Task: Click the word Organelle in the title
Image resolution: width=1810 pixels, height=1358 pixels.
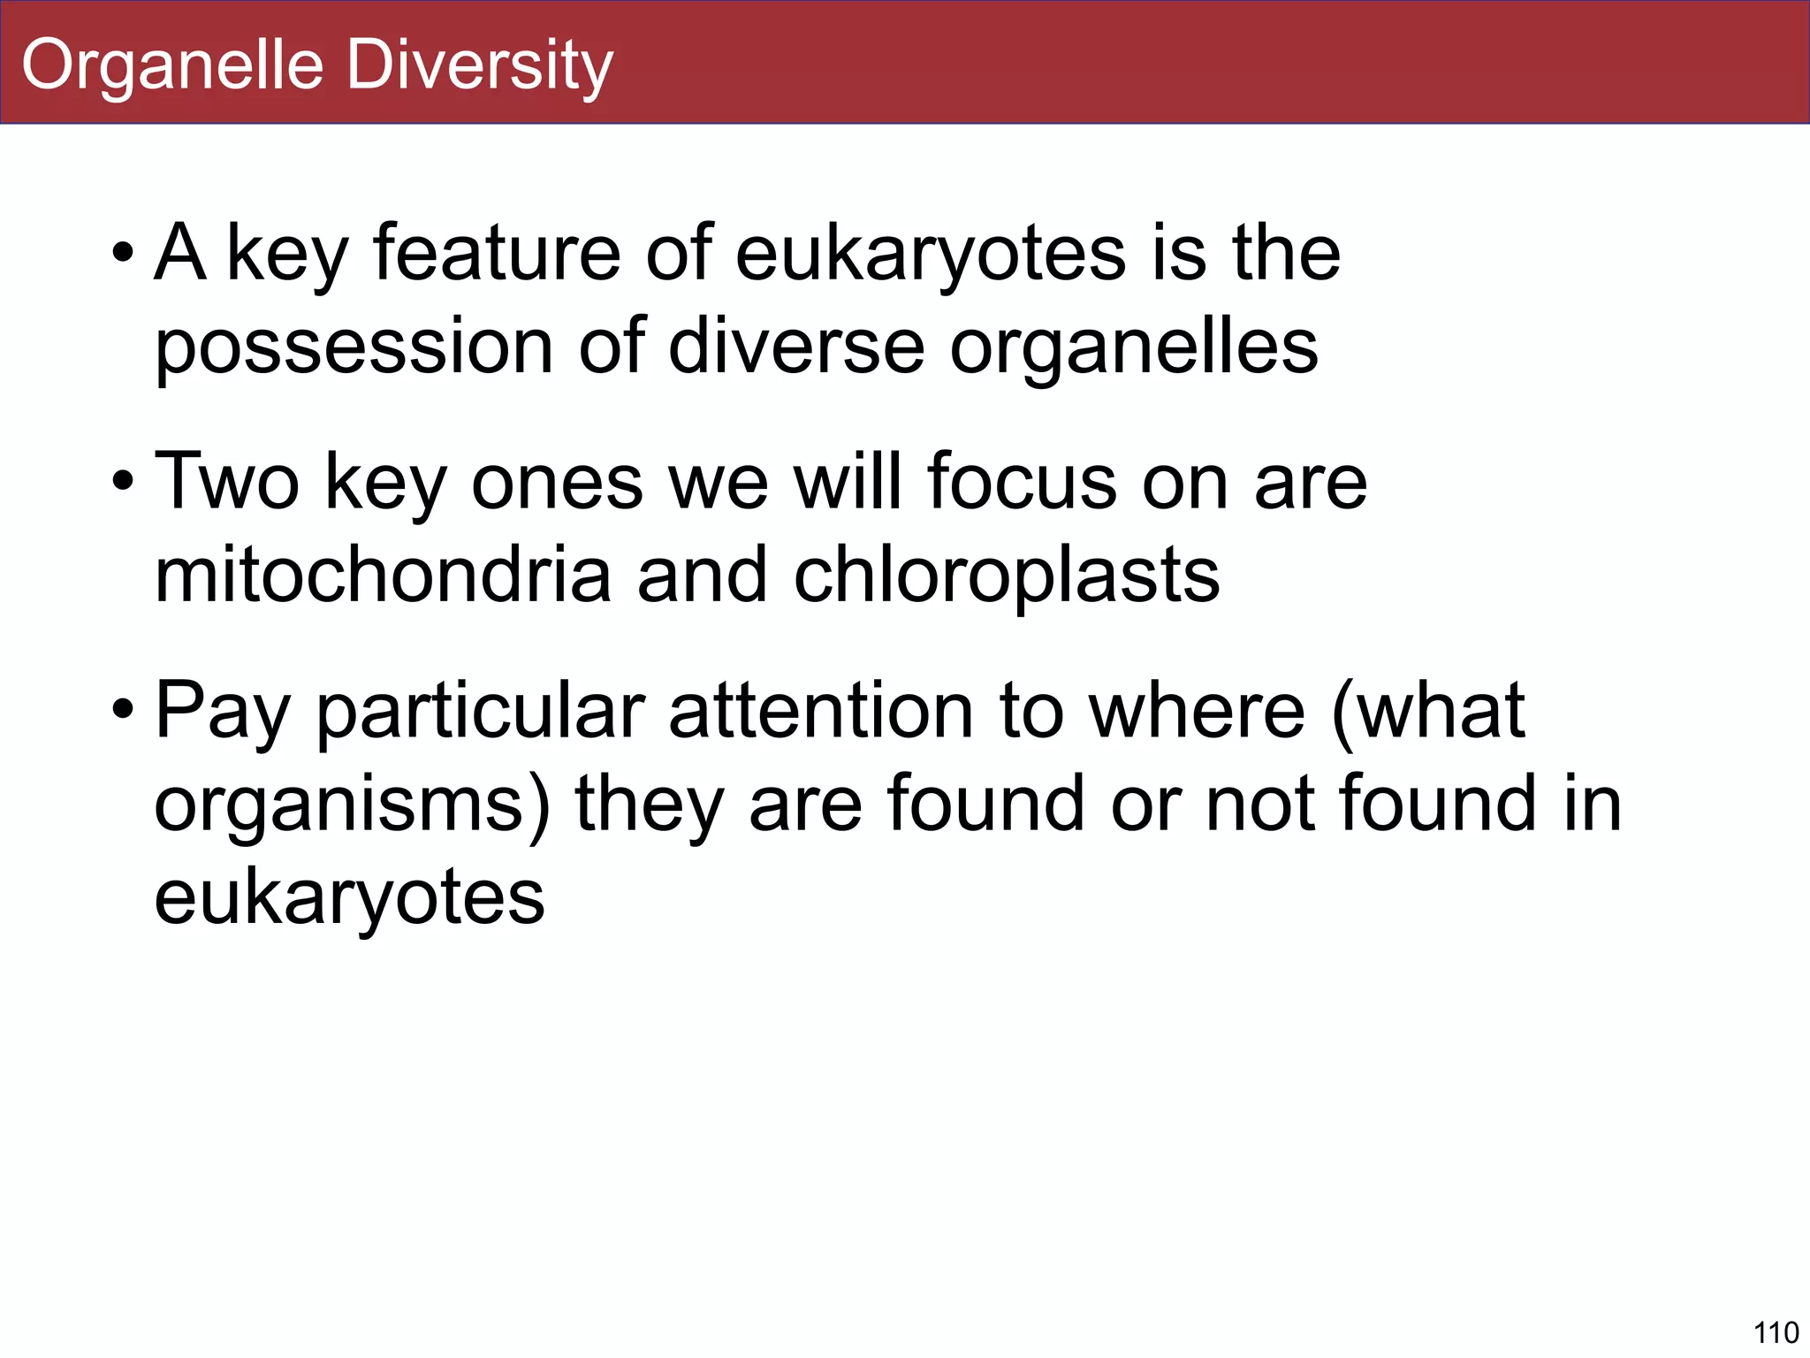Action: (173, 65)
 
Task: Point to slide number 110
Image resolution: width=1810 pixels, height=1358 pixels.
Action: (1775, 1331)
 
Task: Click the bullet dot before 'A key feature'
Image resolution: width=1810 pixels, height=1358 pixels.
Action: (123, 255)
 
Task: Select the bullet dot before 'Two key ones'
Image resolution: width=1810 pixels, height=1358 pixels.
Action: (123, 484)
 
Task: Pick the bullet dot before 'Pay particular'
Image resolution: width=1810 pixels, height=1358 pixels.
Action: (123, 711)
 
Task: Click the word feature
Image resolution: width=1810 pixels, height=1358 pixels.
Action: (497, 253)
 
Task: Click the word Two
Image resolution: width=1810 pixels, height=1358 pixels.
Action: (227, 482)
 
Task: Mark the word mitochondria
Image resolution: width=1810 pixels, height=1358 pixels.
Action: (383, 575)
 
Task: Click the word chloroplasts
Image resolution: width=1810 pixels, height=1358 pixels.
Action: (1007, 576)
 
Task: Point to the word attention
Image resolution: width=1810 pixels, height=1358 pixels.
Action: (821, 711)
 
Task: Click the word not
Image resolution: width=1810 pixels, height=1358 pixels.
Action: (1259, 803)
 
